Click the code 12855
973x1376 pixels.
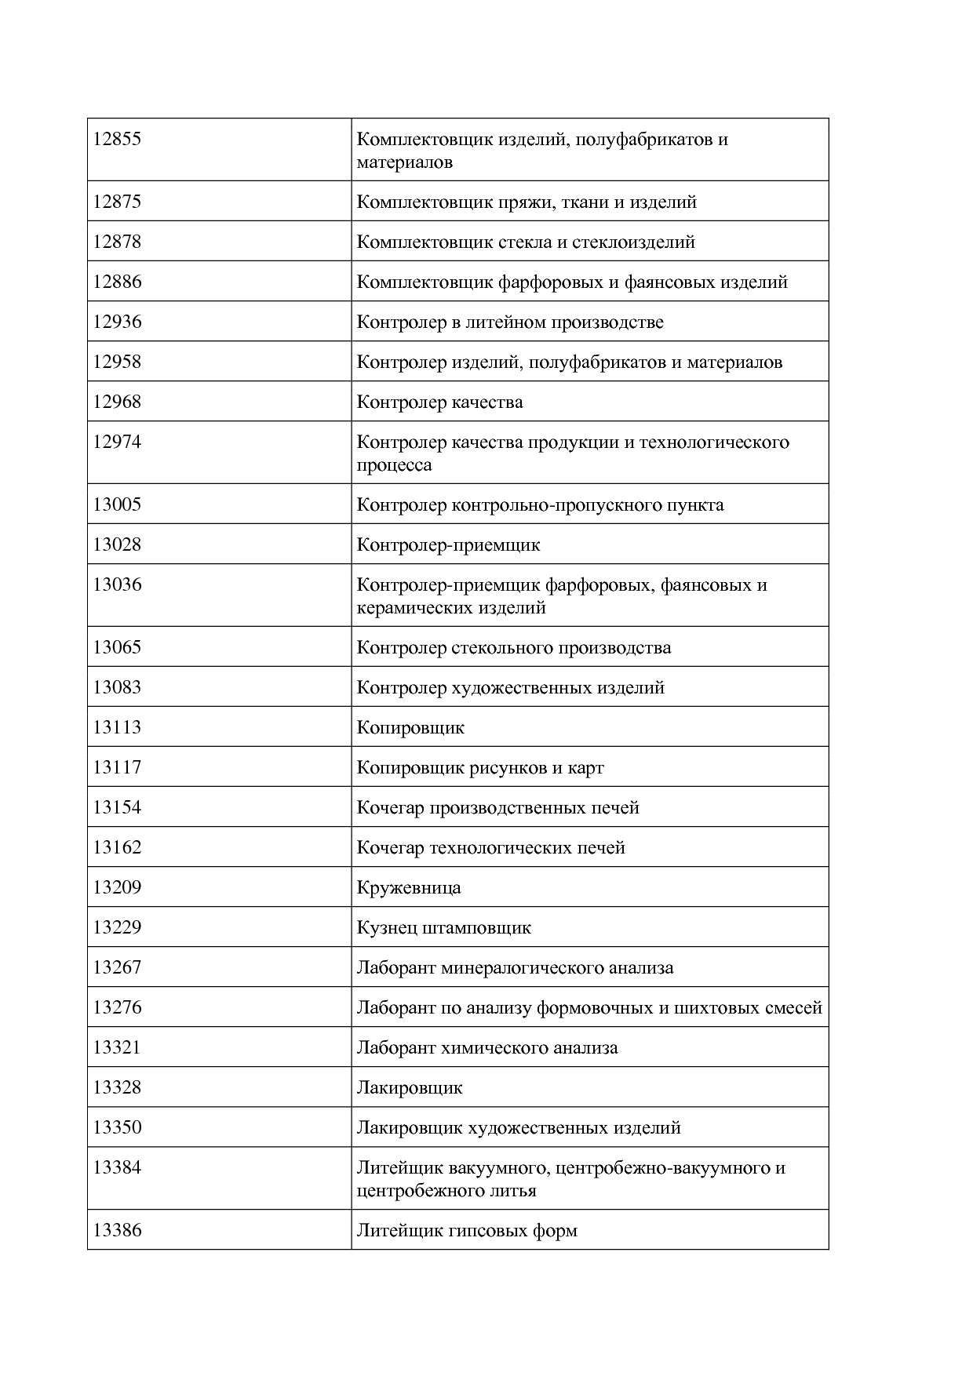click(x=117, y=140)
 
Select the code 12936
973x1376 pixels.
click(x=117, y=322)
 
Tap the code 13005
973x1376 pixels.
click(x=117, y=504)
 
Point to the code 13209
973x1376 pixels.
click(x=117, y=887)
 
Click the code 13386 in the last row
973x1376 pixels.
click(x=117, y=1230)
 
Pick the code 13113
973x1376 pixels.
click(x=117, y=727)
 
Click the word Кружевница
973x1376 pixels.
click(x=409, y=888)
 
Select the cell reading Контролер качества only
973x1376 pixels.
click(x=439, y=402)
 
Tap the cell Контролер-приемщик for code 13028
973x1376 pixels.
click(x=448, y=545)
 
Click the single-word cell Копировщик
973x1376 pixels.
click(x=410, y=728)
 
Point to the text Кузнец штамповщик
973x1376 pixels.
click(x=443, y=928)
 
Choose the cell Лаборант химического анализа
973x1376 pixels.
click(x=486, y=1048)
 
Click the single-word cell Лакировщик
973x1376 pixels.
click(x=410, y=1088)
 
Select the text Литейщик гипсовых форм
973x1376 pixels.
click(x=467, y=1231)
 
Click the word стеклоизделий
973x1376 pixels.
click(x=633, y=242)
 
